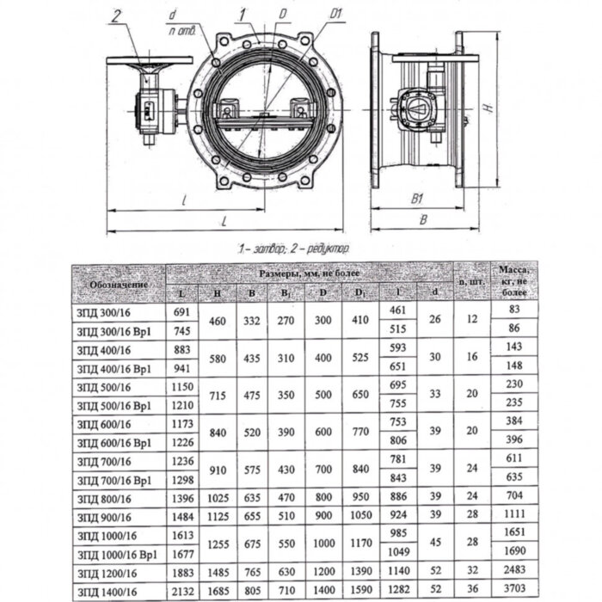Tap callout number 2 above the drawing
click(x=117, y=14)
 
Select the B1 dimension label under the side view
click(x=419, y=199)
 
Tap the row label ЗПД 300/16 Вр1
click(x=113, y=329)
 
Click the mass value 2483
click(x=514, y=571)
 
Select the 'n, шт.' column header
click(x=469, y=280)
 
